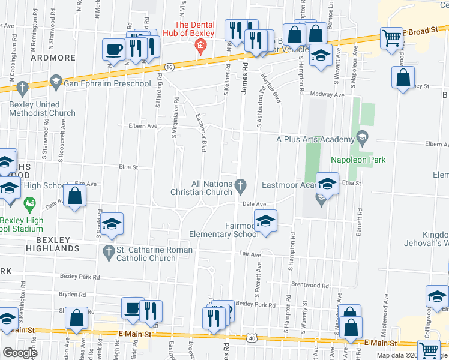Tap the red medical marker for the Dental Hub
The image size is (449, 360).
(x=202, y=46)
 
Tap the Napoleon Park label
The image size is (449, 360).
(x=358, y=160)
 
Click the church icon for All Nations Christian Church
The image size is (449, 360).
(x=241, y=184)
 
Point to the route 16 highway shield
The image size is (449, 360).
(x=170, y=67)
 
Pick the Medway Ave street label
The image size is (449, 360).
(x=331, y=95)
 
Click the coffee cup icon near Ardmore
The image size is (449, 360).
(x=113, y=50)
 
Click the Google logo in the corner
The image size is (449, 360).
(x=20, y=353)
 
